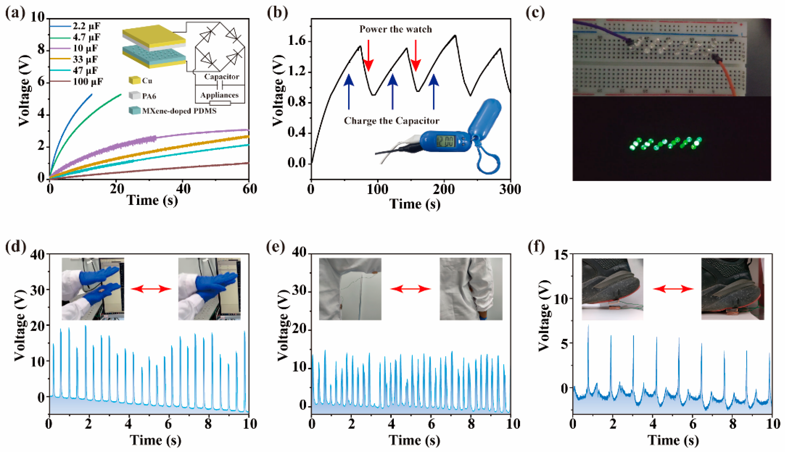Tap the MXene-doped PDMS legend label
[179, 111]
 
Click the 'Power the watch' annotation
[395, 29]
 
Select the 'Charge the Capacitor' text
[391, 121]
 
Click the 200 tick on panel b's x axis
[443, 189]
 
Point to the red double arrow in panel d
[151, 289]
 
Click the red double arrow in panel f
[673, 289]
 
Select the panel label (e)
[276, 247]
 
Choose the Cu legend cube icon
[134, 80]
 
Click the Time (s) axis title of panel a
[152, 200]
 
